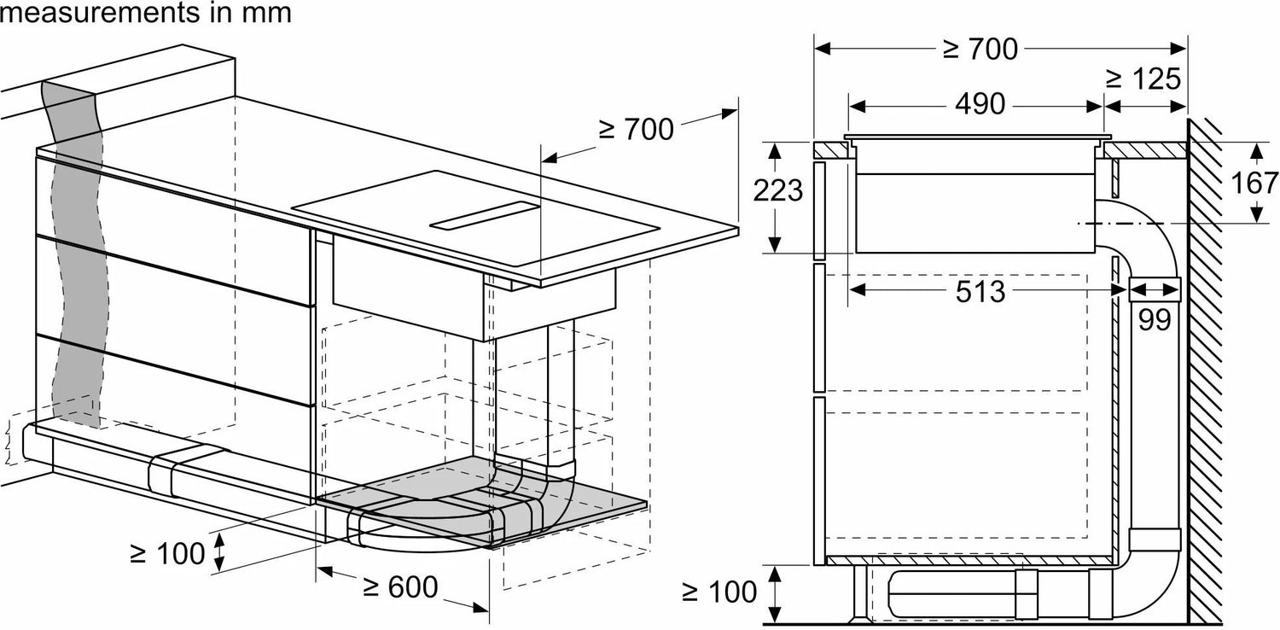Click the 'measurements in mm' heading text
146,13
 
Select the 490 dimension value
980,104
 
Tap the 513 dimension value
980,292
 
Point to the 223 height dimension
777,190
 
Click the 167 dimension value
1254,183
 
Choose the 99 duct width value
1155,319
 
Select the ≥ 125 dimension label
1143,79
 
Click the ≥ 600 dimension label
400,586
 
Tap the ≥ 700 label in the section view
980,50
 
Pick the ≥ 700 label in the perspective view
636,129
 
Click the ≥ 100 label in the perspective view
167,553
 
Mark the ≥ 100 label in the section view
719,592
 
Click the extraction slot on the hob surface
485,215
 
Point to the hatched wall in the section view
1205,371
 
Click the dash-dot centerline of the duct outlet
1120,223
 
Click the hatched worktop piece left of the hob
831,150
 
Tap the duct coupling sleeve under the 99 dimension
1155,289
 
